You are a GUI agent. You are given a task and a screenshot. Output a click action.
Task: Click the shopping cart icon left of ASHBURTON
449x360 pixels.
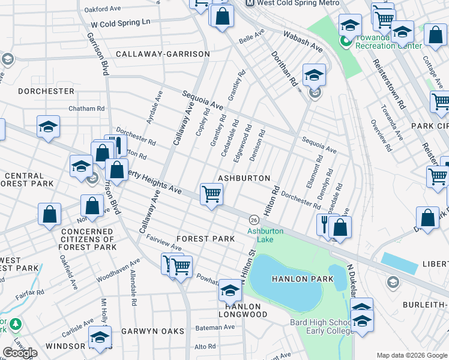[211, 194]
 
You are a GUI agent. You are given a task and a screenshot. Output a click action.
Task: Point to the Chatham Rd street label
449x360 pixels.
[86, 109]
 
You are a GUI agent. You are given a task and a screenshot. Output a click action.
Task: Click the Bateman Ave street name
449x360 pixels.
[215, 328]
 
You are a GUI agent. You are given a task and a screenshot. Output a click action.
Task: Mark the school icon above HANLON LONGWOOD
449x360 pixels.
[229, 291]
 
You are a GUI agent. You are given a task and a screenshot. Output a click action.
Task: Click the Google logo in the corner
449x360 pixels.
[20, 353]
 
